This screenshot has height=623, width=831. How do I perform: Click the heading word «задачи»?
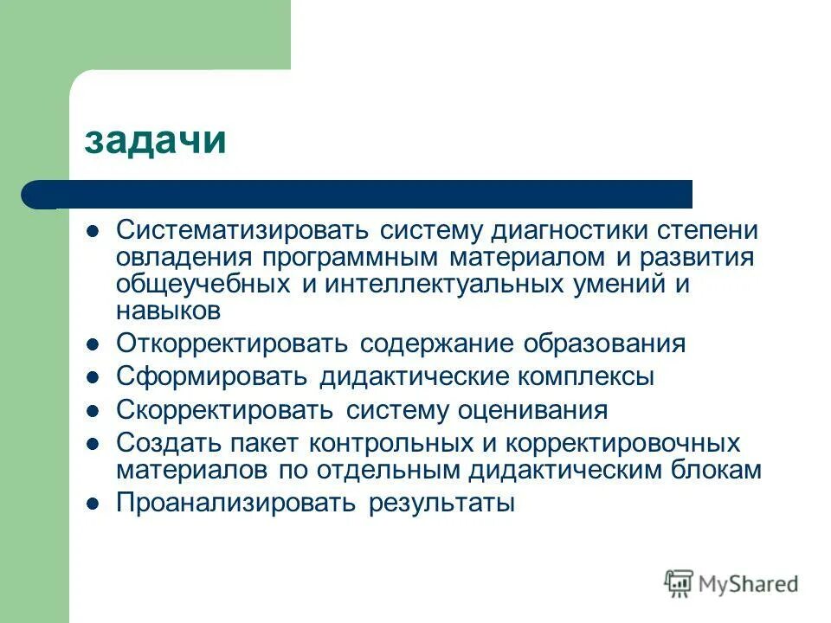click(155, 139)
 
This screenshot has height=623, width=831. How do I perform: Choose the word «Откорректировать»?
click(233, 344)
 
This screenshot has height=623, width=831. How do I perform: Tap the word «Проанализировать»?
click(236, 503)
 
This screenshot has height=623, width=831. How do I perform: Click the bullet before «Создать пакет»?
click(95, 444)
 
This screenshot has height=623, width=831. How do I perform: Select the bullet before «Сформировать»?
click(95, 378)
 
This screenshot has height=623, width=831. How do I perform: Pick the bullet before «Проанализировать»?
click(95, 503)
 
